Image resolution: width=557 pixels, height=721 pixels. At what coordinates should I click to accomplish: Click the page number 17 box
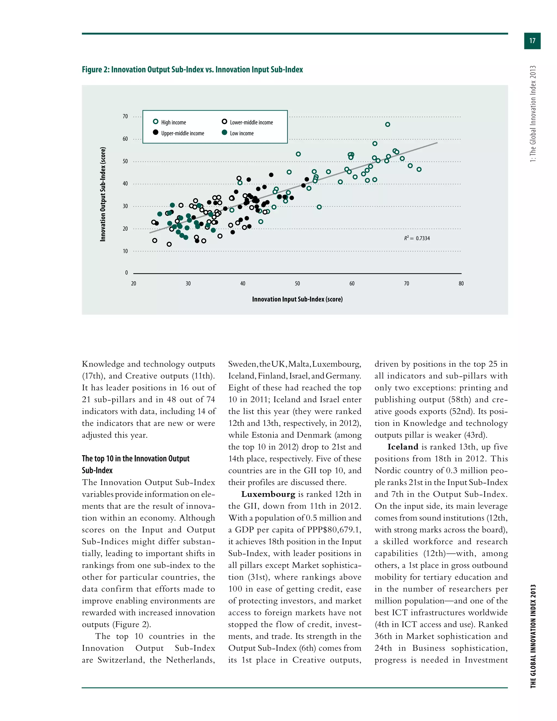(532, 41)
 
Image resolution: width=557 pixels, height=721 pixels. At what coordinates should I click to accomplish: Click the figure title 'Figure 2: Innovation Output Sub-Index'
(192, 70)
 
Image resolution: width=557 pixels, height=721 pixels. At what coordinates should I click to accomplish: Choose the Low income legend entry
(238, 133)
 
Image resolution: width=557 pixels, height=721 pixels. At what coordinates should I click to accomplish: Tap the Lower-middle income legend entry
(247, 122)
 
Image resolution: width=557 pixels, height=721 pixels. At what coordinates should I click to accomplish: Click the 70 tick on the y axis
(125, 116)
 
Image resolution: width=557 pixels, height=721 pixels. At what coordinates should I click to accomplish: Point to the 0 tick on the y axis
(126, 273)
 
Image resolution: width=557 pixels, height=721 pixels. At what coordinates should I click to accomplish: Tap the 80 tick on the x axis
(461, 284)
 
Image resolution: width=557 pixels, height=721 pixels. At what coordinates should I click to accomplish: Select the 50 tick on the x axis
(297, 284)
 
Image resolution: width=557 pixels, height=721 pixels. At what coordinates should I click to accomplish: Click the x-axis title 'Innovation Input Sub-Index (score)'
(297, 299)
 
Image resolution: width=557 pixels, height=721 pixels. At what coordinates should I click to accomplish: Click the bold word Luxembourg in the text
(268, 494)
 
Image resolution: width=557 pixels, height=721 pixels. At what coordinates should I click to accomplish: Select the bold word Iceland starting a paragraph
(403, 447)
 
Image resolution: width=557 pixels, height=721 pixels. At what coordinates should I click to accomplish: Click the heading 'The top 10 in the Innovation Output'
(136, 458)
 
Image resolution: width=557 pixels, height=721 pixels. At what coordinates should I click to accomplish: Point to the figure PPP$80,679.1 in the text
(334, 530)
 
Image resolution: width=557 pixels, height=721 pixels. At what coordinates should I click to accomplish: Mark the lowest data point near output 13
(169, 244)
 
